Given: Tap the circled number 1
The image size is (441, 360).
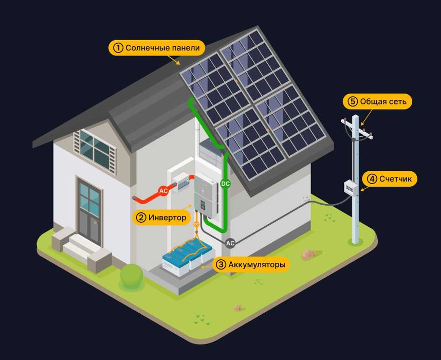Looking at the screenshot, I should pos(118,48).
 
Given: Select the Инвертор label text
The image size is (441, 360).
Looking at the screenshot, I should pos(167,218).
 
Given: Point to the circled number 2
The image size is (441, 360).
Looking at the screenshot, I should pos(141,218).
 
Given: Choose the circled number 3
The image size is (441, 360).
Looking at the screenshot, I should pos(221,265).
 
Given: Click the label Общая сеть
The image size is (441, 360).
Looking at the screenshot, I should pos(383,101).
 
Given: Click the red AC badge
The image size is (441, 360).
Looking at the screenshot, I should pos(163,191).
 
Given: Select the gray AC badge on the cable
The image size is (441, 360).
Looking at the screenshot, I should pos(230,242).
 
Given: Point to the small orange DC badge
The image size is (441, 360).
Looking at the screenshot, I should pos(196,224).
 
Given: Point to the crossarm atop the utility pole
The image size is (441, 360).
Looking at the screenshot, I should pos(357,129).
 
